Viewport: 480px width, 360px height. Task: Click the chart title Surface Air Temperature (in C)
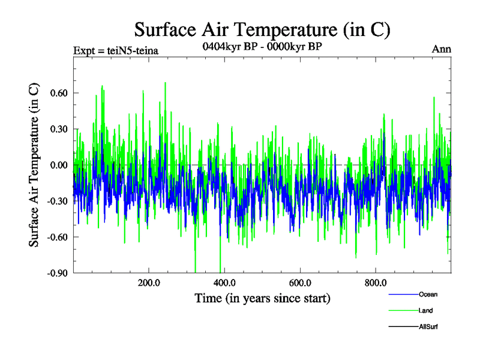(x=262, y=29)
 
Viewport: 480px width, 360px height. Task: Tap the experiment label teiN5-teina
(x=115, y=50)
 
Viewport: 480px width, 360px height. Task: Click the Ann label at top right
(x=442, y=49)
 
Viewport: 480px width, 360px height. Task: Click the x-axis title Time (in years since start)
(x=262, y=298)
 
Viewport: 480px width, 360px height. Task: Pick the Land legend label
(x=425, y=310)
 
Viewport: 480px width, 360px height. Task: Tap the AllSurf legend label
(x=428, y=326)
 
